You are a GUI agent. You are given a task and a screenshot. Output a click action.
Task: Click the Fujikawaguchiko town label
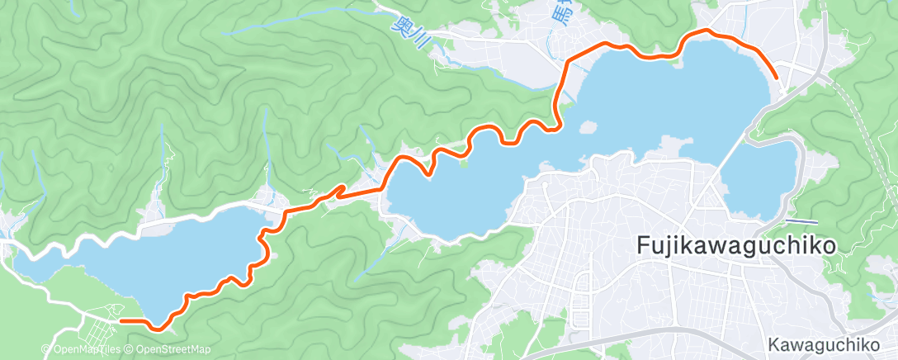pos(737,245)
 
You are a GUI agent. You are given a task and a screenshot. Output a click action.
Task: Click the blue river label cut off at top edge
pos(562,10)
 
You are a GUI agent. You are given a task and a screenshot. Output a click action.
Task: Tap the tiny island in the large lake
pos(588,128)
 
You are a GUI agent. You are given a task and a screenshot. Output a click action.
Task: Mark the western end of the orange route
pos(121,320)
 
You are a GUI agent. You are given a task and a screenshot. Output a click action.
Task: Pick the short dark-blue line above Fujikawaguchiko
pos(801,221)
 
